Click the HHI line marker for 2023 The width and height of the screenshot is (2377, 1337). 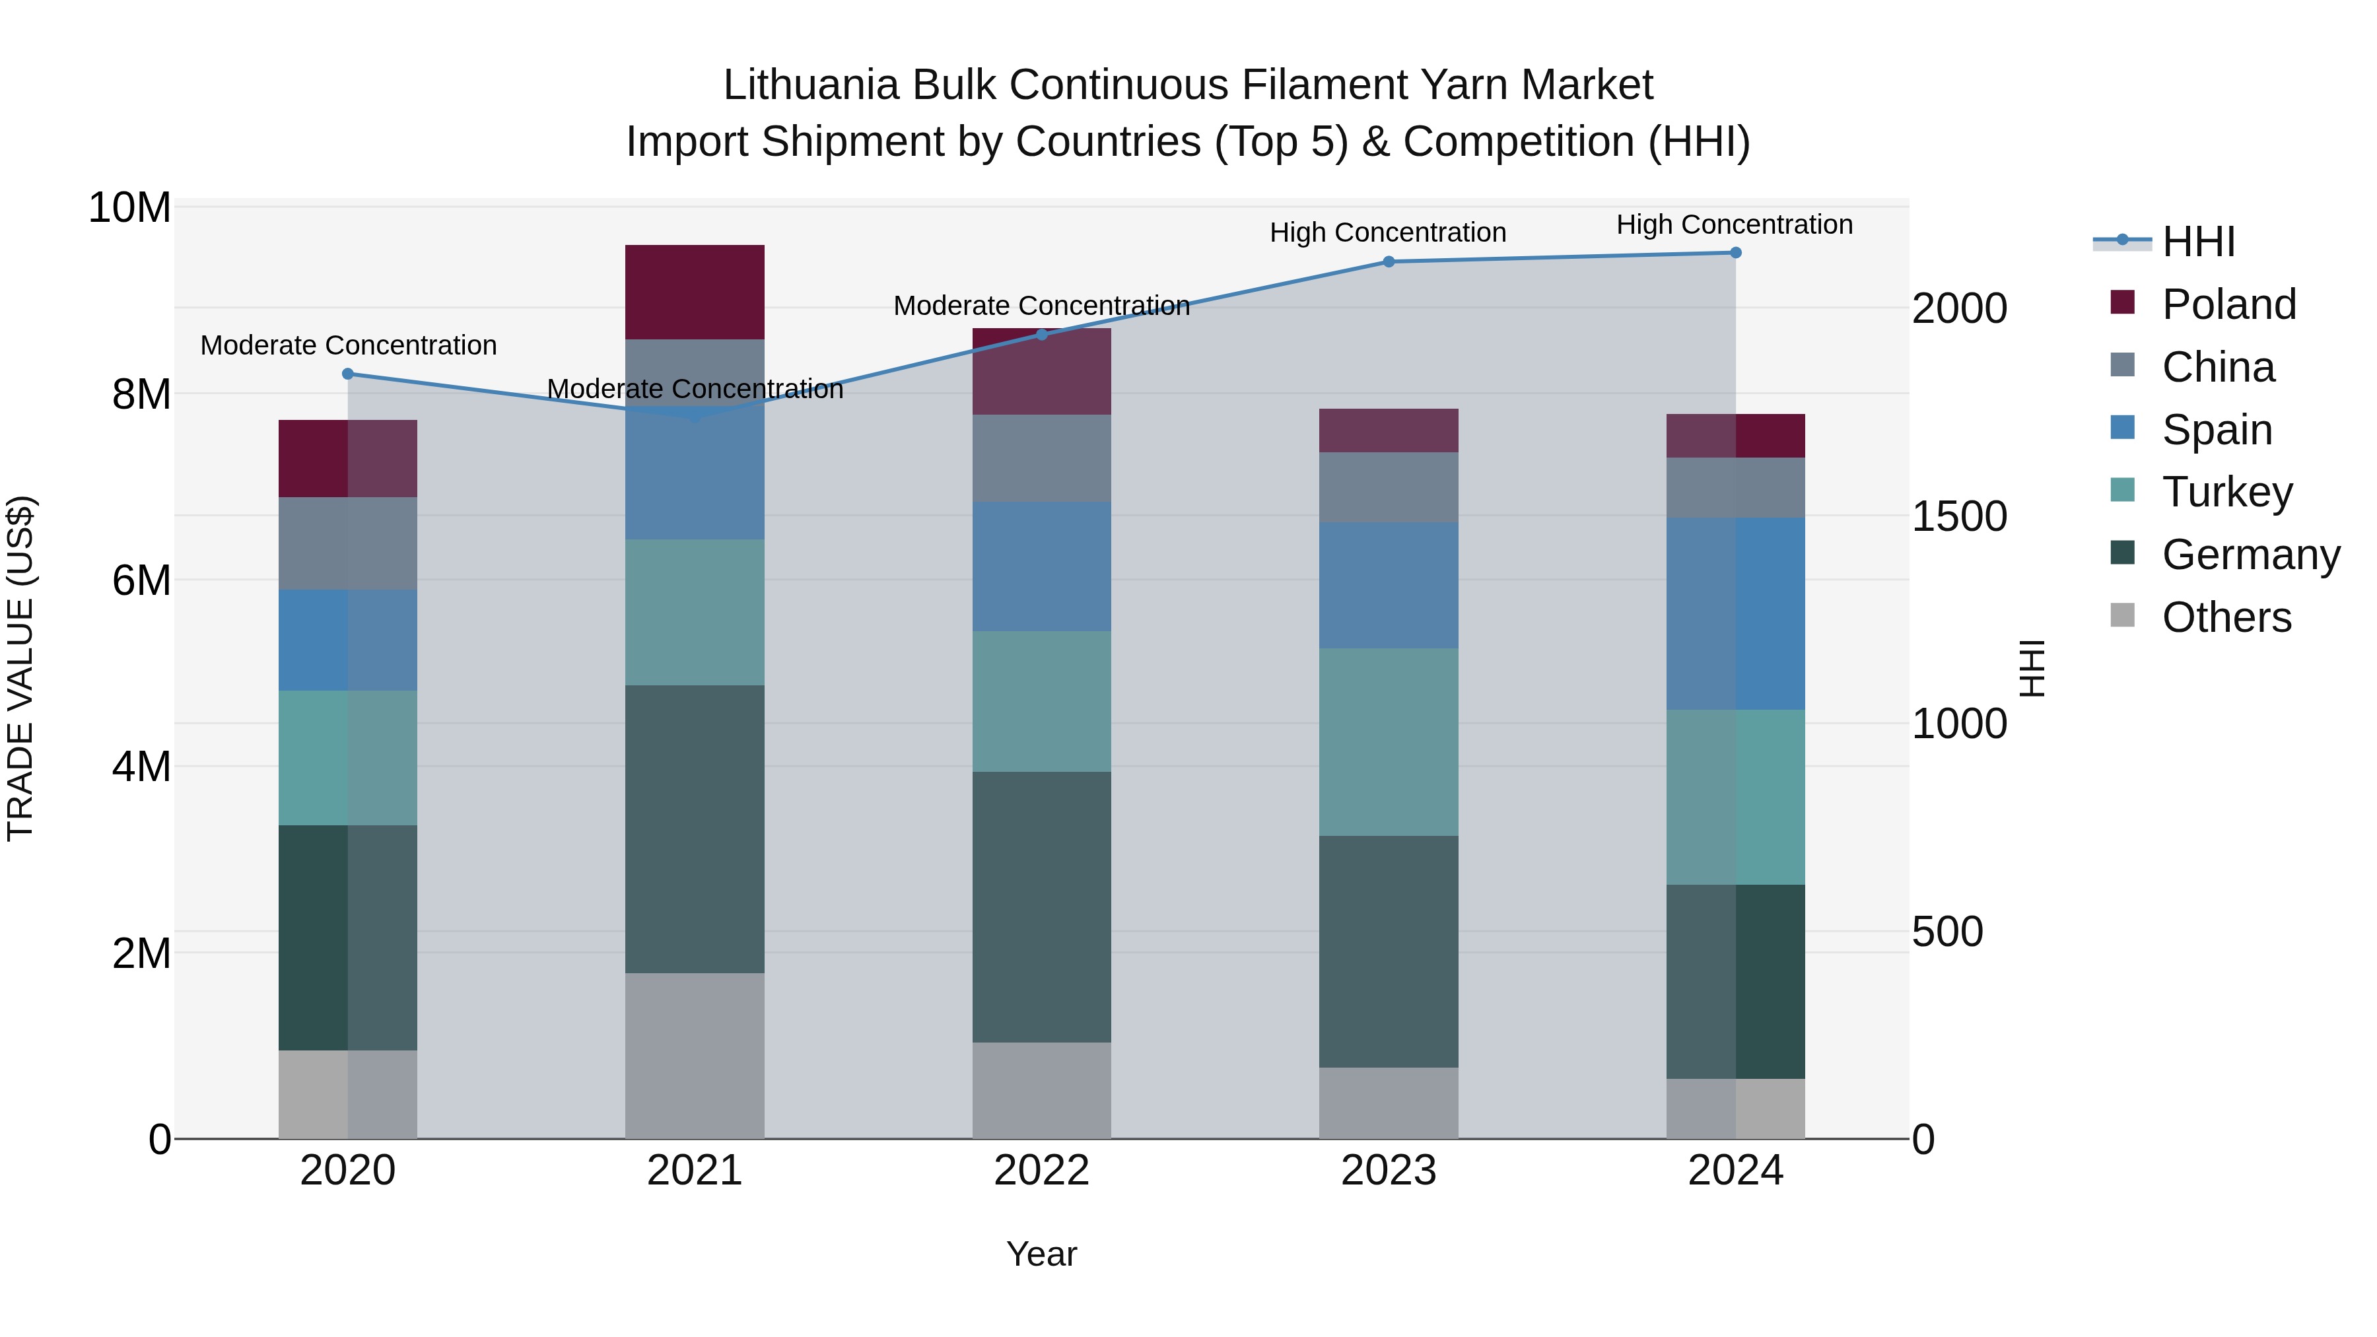click(1389, 262)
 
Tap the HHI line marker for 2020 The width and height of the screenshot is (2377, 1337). click(348, 374)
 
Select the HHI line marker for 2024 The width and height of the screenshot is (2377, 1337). click(1736, 253)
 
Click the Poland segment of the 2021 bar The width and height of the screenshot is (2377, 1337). click(695, 292)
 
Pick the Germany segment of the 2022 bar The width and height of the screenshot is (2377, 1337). click(1042, 907)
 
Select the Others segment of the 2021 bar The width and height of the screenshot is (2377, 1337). click(695, 1056)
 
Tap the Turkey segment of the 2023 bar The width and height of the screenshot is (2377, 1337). click(1389, 742)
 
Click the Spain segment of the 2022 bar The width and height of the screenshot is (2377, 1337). click(1042, 566)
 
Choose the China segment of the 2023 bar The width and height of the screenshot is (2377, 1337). click(1389, 487)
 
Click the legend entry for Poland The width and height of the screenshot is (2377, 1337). click(2228, 304)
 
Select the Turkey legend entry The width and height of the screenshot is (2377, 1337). click(2226, 492)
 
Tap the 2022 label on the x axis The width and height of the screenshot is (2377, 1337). click(1042, 1171)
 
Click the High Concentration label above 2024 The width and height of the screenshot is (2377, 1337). click(1735, 224)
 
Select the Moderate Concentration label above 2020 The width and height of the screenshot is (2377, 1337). click(349, 345)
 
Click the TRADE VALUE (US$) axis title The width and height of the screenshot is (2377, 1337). click(20, 668)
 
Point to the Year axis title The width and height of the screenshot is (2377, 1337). click(1042, 1254)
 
